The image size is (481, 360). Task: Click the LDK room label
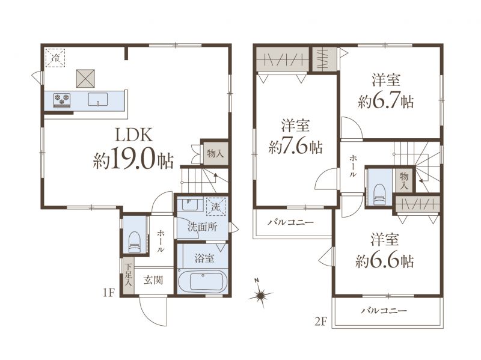point(133,135)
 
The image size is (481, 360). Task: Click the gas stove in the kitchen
point(62,100)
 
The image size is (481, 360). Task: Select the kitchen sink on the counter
point(98,99)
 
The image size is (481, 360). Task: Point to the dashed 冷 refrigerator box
point(55,57)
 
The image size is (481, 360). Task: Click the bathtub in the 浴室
point(203,281)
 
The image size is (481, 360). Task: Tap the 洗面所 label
point(203,227)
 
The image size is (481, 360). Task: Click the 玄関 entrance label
point(153,280)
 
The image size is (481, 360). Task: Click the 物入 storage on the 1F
point(215,154)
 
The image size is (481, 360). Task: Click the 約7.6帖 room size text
point(296,147)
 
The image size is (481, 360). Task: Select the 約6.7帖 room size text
point(386,100)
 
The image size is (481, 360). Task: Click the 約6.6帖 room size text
point(385,261)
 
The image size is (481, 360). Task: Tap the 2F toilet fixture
point(379,194)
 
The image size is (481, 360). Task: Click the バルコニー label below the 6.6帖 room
point(384,311)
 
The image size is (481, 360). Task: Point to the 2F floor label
point(322,322)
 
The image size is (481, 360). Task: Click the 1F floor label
point(108,293)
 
